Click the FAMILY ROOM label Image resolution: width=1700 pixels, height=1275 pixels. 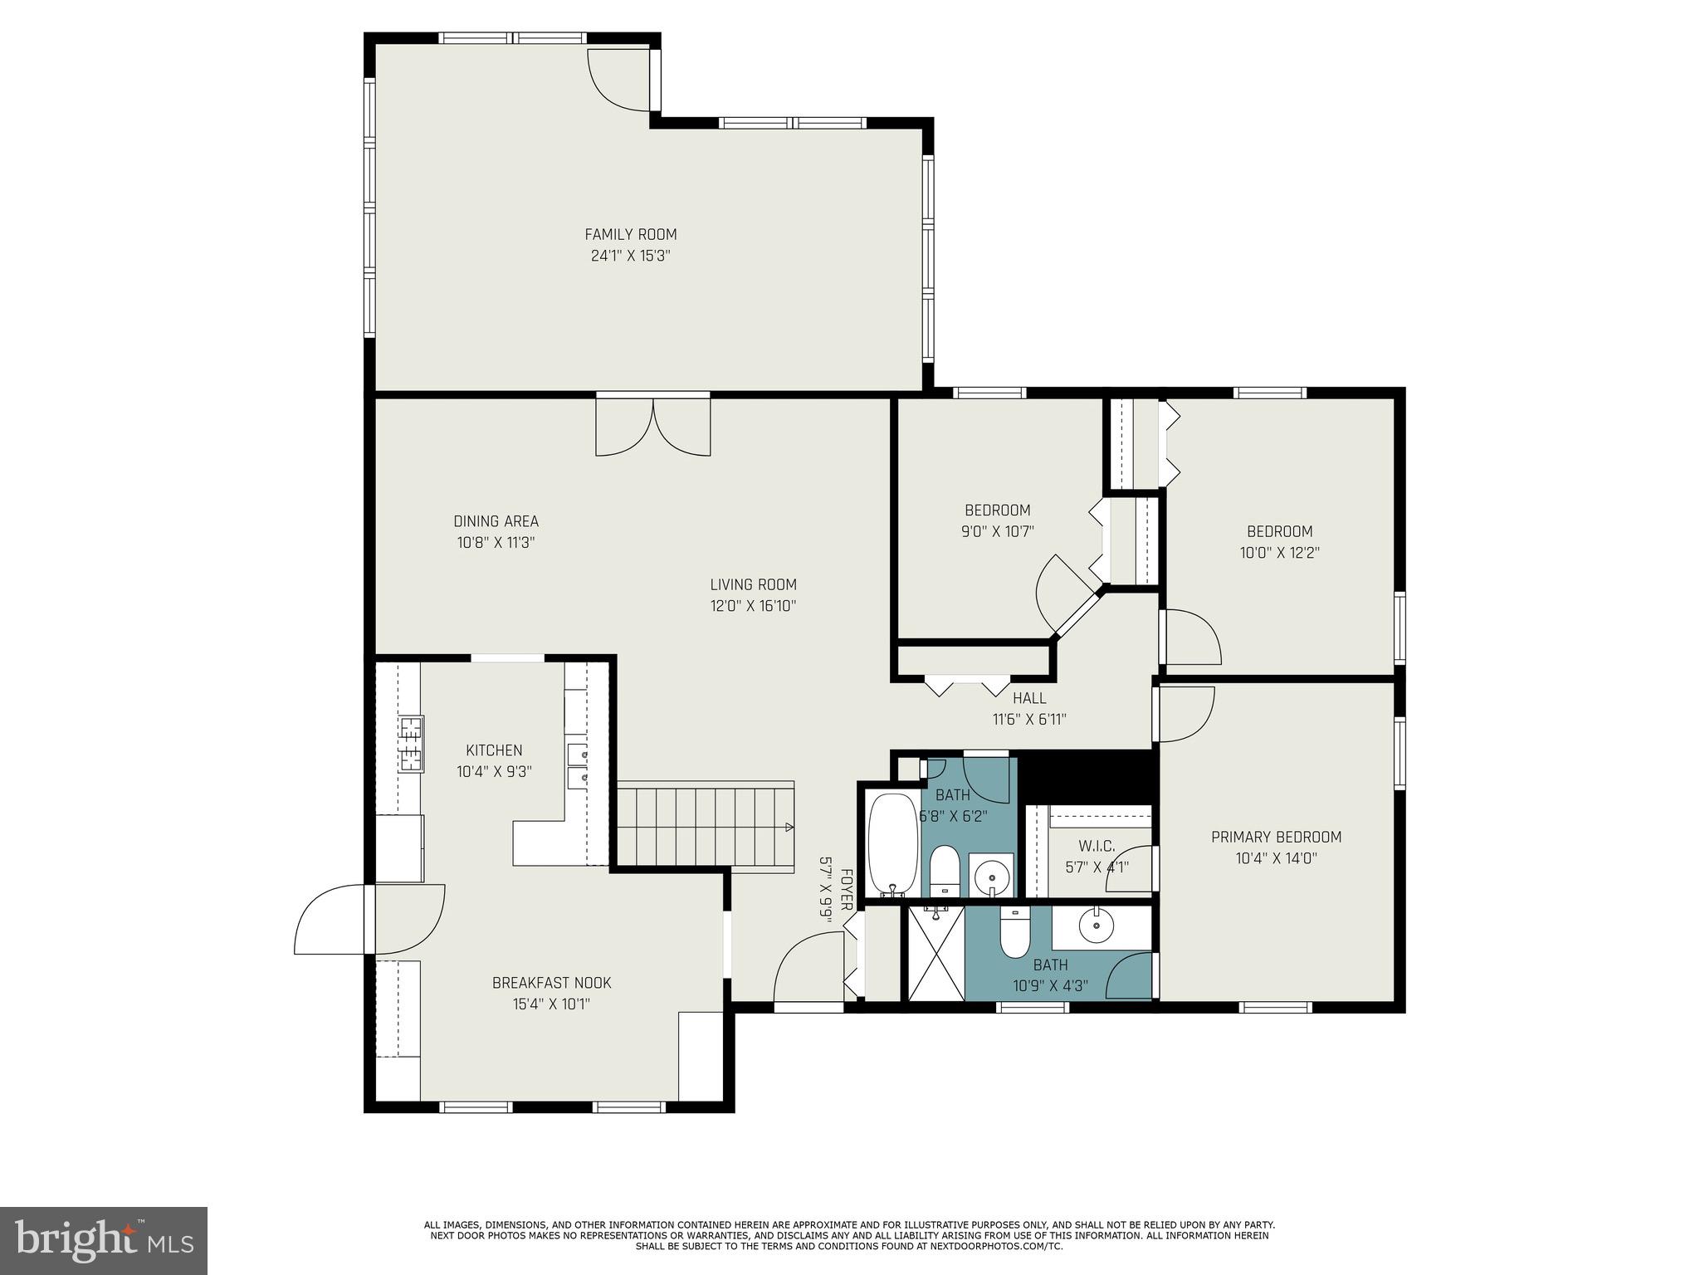[x=630, y=234]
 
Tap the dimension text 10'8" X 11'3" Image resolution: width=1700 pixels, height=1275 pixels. [x=496, y=543]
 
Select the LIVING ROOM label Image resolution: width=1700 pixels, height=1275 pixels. [x=753, y=584]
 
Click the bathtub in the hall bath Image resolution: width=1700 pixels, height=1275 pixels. [x=892, y=843]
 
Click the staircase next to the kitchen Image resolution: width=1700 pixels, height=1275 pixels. [x=705, y=826]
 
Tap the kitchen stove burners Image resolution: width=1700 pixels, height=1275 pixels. [x=410, y=743]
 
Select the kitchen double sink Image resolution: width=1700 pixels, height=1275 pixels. [x=577, y=765]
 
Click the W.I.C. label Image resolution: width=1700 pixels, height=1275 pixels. [x=1096, y=846]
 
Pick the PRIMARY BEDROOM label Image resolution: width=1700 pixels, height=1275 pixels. [x=1276, y=837]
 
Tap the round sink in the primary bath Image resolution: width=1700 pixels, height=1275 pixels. [x=1097, y=924]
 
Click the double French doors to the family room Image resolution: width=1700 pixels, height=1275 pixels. [x=653, y=427]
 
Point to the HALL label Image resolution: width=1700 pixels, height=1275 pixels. [x=1029, y=698]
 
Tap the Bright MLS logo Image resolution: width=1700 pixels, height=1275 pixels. [x=103, y=1240]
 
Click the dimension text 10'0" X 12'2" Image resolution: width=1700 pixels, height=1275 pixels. [x=1279, y=553]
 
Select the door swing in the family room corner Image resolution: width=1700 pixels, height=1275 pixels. [x=618, y=79]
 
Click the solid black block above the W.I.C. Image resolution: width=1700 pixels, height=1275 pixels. [x=1086, y=776]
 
